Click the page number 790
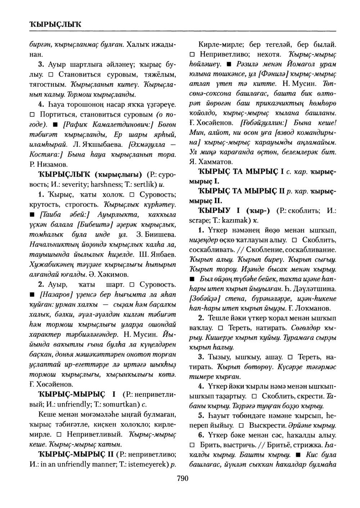[x=183, y=478]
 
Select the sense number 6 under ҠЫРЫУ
[x=201, y=435]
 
